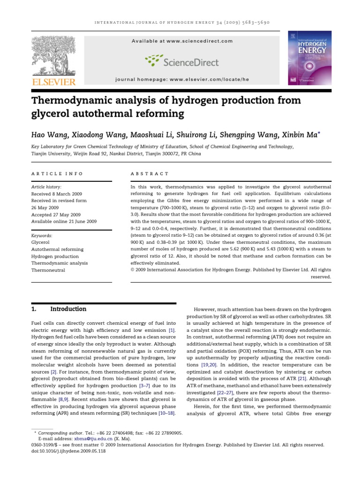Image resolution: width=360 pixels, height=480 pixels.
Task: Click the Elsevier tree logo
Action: pyautogui.click(x=52, y=56)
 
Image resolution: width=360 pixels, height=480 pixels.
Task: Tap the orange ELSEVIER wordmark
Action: pyautogui.click(x=53, y=82)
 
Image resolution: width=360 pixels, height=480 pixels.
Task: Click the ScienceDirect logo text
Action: pyautogui.click(x=196, y=61)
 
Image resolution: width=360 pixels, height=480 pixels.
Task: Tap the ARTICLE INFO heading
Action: pyautogui.click(x=57, y=174)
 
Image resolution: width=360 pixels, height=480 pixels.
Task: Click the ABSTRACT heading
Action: pyautogui.click(x=150, y=174)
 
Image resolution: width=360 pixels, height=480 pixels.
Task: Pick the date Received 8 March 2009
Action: pyautogui.click(x=57, y=194)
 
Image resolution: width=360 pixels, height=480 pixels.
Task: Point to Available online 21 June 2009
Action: pyautogui.click(x=64, y=221)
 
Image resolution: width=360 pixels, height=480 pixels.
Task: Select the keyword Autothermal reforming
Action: pyautogui.click(x=57, y=249)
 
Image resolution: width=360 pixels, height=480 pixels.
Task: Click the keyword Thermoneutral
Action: pyautogui.click(x=48, y=270)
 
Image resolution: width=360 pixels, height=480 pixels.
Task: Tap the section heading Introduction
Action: pyautogui.click(x=68, y=309)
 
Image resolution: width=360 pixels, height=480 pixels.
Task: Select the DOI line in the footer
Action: pyautogui.click(x=68, y=451)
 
